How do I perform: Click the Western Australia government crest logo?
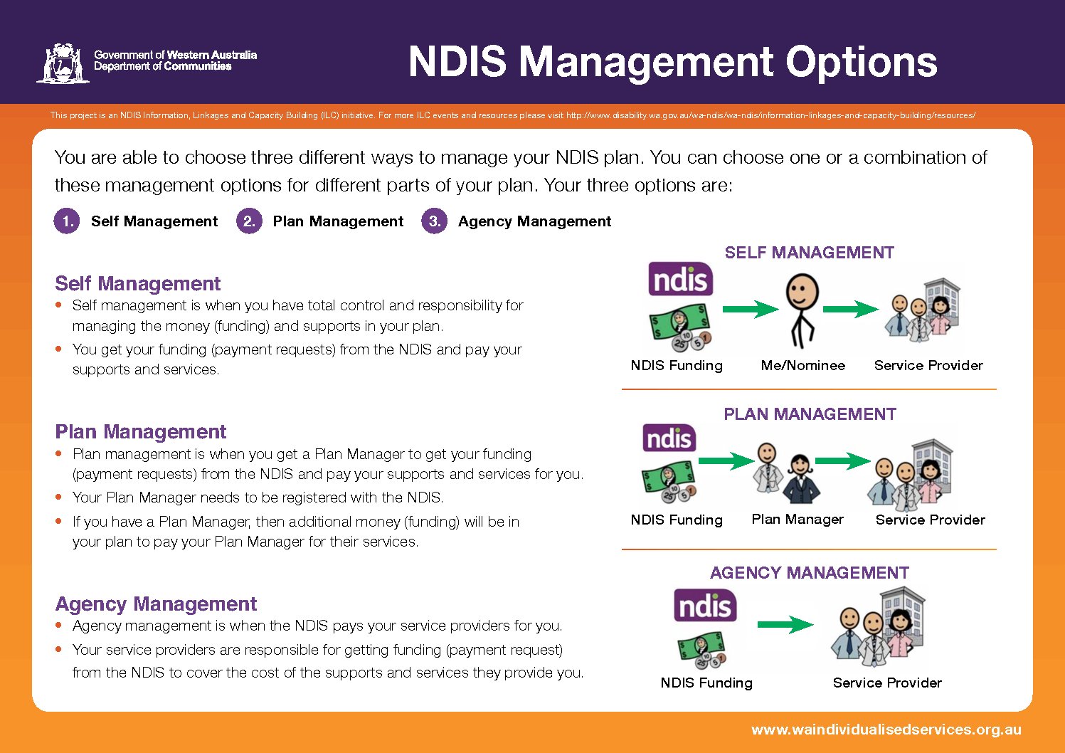coord(63,63)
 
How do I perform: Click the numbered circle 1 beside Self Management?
coord(67,221)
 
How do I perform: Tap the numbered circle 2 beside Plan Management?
coord(249,221)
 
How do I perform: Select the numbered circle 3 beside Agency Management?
coord(434,221)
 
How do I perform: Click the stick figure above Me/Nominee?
coord(802,310)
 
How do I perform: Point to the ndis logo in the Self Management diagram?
coord(681,279)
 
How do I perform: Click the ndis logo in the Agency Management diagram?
coord(705,606)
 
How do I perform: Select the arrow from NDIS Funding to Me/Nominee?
coord(751,309)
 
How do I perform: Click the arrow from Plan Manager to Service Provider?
coord(843,460)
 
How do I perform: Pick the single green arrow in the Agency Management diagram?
coord(785,625)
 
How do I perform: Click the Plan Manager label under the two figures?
coord(798,519)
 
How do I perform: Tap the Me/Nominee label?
coord(803,365)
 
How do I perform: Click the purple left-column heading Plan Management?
coord(141,432)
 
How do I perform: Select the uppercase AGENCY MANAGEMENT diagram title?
coord(809,573)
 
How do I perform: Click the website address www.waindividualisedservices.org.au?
coord(886,730)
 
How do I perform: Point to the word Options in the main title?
coord(861,63)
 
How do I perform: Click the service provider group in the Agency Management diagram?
coord(878,628)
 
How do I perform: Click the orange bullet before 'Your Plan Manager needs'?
coord(58,497)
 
